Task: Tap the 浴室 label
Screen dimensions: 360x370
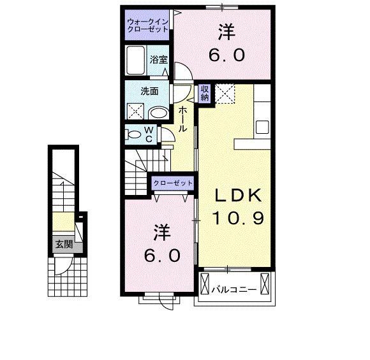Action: (159, 59)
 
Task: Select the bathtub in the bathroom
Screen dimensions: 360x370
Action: (137, 62)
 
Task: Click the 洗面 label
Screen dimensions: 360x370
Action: (151, 90)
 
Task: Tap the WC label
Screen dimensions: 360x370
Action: (148, 134)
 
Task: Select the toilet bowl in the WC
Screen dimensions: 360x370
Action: (135, 134)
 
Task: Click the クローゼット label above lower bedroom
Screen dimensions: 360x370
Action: (172, 184)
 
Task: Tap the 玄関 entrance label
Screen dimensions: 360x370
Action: (63, 243)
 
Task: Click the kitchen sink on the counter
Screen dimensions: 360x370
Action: (263, 126)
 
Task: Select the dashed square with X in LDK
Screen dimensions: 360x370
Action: (225, 94)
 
